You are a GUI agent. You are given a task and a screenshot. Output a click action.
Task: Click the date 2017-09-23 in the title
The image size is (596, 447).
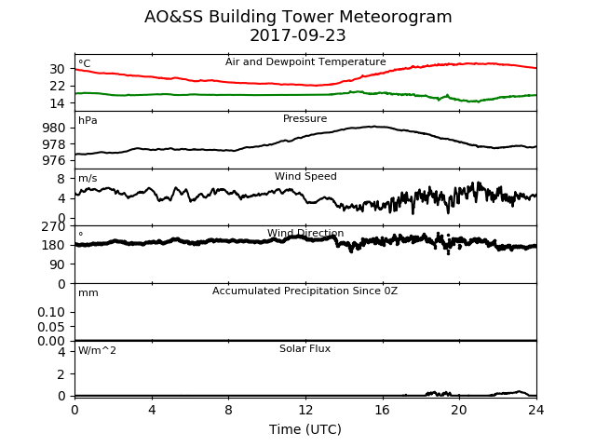(298, 35)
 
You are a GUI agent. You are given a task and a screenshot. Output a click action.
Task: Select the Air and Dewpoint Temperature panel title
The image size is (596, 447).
(305, 61)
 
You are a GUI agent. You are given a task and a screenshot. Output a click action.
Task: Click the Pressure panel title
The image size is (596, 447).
(305, 118)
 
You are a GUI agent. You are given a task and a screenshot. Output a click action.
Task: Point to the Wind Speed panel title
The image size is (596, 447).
(305, 176)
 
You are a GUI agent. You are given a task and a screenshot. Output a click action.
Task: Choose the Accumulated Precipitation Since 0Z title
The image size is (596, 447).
(305, 291)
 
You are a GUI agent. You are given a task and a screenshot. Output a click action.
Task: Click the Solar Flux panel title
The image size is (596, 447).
(305, 348)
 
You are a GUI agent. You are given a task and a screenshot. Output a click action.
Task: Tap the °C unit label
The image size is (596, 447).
(85, 63)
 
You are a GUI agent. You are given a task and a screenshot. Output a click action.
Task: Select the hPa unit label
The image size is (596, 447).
(88, 120)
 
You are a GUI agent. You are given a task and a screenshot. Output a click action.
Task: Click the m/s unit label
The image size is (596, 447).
(88, 178)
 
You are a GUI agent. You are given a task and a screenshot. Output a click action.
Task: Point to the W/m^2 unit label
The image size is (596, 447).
(97, 350)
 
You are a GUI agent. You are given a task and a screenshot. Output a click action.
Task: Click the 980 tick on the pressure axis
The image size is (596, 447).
(54, 128)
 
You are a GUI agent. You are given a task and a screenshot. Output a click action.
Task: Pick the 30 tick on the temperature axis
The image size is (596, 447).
(57, 69)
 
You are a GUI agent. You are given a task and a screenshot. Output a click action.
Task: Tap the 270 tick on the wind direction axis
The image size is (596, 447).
(54, 227)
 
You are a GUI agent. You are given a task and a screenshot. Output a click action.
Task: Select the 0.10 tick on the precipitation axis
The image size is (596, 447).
(51, 312)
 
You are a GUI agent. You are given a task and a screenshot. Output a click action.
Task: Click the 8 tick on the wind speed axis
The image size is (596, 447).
(61, 179)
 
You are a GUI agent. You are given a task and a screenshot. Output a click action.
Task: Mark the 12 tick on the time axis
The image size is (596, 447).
(305, 410)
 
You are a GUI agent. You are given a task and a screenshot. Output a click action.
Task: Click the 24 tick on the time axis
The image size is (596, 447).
(536, 410)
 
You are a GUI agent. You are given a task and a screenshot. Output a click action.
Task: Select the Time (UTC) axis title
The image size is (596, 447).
(305, 429)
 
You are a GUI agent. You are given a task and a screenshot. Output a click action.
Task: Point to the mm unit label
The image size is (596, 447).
(88, 293)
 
